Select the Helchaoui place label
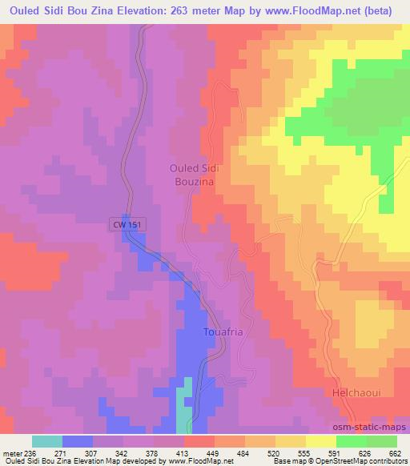(x=354, y=395)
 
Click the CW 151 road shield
(x=127, y=227)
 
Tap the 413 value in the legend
(x=183, y=453)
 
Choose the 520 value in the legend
(x=275, y=453)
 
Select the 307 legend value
(x=93, y=453)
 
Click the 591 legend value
(x=334, y=453)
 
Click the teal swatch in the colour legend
(x=47, y=441)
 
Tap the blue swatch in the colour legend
(x=78, y=441)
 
